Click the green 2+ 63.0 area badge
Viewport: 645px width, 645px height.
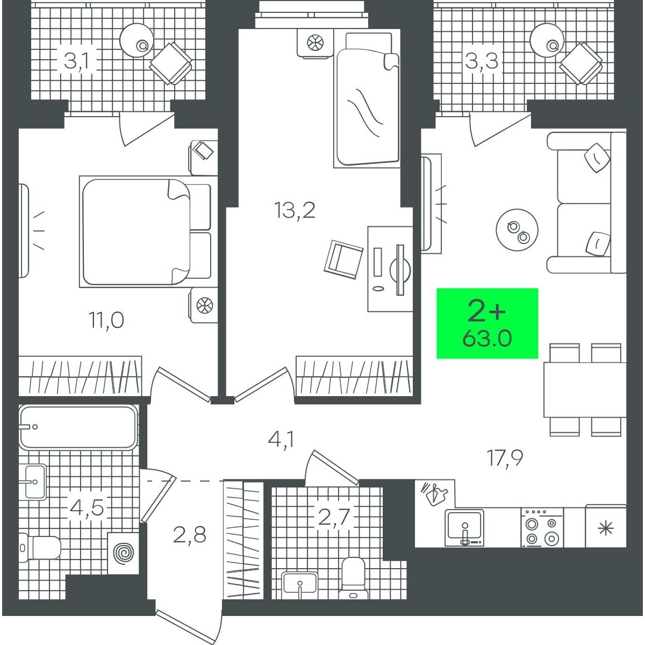tap(487, 324)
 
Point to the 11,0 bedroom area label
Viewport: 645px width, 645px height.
tap(106, 320)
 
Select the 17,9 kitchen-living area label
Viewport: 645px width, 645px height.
tap(505, 458)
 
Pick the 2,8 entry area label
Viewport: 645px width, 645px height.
tap(189, 534)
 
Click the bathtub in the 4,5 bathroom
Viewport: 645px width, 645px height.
tap(78, 427)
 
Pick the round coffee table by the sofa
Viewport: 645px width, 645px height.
tap(517, 231)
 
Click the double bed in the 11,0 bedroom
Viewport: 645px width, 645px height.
tap(145, 231)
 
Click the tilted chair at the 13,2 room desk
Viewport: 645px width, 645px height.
tap(343, 260)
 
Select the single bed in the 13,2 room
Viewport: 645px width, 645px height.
tap(367, 100)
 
